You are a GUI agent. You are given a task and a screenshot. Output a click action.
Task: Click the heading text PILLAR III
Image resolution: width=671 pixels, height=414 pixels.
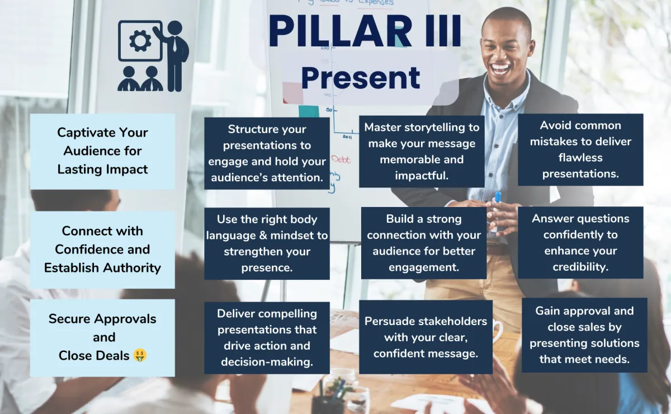365,31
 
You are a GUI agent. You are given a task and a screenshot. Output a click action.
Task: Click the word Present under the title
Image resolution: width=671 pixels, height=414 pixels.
361,78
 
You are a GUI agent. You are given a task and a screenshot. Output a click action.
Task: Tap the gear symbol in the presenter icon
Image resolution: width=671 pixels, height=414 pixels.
140,41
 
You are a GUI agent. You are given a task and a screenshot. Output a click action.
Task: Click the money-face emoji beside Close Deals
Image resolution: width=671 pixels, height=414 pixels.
140,355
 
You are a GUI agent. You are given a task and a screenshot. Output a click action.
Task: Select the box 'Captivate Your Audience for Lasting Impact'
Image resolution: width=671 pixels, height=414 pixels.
102,151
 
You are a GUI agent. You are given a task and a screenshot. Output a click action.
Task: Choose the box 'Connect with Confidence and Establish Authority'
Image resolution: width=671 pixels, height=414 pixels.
102,250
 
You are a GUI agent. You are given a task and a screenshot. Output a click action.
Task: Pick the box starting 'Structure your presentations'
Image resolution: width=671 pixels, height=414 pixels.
267,153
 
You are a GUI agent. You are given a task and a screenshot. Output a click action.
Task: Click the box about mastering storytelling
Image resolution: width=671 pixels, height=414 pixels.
422,152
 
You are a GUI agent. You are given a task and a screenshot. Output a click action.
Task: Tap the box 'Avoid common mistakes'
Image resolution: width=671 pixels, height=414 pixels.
580,149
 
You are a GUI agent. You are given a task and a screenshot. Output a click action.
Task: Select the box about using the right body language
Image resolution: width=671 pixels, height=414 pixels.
267,243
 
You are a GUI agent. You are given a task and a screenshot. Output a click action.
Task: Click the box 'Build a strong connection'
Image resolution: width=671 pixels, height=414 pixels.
424,243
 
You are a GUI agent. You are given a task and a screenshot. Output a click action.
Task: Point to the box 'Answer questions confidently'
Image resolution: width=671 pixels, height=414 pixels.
580,242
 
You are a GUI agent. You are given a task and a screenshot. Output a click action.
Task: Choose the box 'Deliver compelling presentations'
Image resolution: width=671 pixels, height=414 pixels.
267,338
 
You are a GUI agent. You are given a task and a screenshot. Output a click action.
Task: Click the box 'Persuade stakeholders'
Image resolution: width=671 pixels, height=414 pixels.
426,337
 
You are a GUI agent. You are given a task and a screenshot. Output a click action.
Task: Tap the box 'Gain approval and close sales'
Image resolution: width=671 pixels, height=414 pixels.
584,335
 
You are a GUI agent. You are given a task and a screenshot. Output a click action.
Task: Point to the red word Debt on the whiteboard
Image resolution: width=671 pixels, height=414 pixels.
341,159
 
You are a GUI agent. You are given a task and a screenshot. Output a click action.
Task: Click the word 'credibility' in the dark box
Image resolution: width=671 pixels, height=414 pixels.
580,267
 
